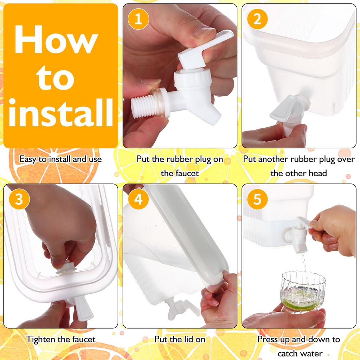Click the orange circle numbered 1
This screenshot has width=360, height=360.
pos(138,19)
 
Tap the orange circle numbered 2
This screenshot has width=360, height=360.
pos(257,19)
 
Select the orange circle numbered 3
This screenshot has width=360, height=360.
pos(19,199)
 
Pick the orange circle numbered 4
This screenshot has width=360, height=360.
pos(138,199)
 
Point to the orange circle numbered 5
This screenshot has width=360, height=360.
pos(257,199)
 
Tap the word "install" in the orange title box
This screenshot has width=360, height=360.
pos(61,112)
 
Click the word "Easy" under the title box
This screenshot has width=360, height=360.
pos(27,159)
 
